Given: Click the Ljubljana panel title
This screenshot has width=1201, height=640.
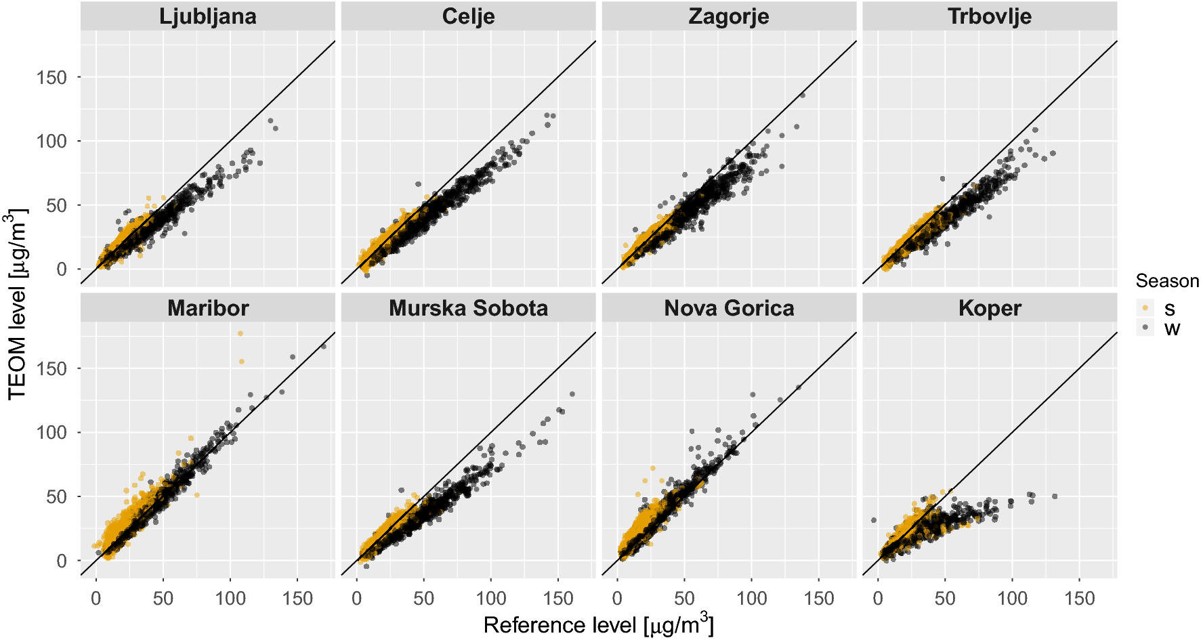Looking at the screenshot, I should (207, 16).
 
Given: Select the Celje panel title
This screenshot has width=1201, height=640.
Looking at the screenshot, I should (468, 16).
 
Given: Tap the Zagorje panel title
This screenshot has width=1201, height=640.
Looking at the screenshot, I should (728, 16).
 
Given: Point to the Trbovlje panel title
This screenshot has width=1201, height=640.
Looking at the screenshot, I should (989, 16).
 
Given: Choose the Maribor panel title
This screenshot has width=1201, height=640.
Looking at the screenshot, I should (207, 308).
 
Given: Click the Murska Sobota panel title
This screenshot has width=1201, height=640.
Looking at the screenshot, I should (468, 308).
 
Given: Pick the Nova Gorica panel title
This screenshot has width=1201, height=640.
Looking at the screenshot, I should (728, 308).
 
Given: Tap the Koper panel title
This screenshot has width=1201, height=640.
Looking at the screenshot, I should (989, 308).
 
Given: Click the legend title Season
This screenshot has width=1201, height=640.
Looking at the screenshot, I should (1166, 281).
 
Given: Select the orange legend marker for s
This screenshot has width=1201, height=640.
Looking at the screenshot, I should (1145, 308).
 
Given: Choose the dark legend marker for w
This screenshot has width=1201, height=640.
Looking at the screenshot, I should (1145, 328).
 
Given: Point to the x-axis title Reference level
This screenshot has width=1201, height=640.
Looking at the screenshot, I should (598, 624).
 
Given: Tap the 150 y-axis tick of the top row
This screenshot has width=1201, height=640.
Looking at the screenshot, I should (52, 77).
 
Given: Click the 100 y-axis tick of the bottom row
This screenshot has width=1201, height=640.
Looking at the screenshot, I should (52, 432).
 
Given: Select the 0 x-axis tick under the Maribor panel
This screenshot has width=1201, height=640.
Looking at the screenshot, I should (96, 599).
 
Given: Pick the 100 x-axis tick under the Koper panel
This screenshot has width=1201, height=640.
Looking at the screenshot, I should (1012, 599).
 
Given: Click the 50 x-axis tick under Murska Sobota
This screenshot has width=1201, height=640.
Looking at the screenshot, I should (423, 599).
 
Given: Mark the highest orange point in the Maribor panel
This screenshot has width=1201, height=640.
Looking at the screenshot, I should (240, 333).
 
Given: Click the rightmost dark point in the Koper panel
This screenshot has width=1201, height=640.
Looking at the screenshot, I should (1055, 496).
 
